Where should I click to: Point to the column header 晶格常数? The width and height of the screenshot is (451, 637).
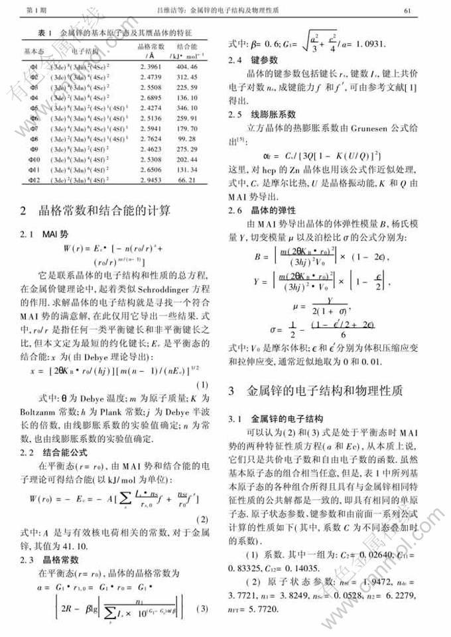coord(151,47)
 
